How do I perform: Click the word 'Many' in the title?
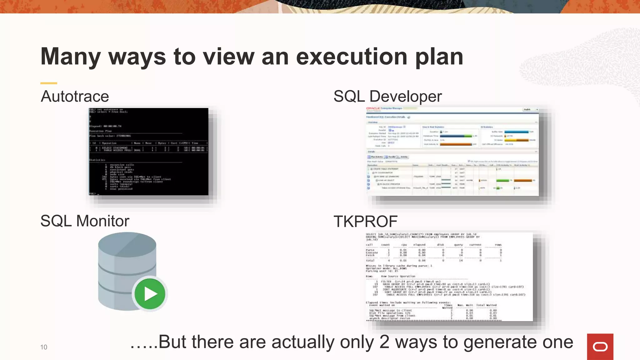[71, 57]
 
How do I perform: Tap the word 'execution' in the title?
[352, 57]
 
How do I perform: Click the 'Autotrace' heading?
[75, 96]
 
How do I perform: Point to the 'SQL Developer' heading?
[387, 96]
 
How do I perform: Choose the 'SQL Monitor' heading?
[85, 221]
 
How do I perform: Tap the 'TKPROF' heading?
[365, 222]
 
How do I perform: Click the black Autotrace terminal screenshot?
[148, 152]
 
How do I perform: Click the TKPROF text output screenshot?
[449, 277]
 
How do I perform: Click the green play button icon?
[150, 294]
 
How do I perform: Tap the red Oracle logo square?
[600, 347]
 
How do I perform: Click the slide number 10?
[44, 347]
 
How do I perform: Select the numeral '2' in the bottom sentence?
[384, 342]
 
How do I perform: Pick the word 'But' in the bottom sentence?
[172, 342]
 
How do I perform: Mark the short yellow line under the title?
[49, 83]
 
